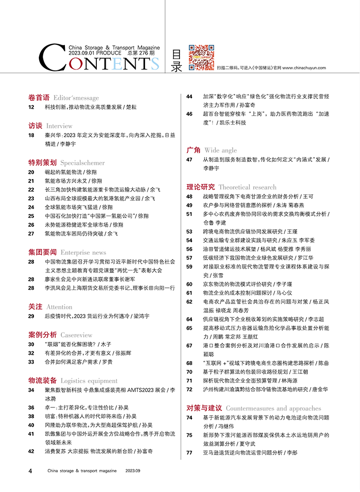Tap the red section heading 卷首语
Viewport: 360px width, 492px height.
39,97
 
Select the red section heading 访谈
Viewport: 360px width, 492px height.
35,125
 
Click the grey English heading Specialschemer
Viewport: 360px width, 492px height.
83,162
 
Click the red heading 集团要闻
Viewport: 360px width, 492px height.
42,252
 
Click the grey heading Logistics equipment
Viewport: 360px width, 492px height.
89,380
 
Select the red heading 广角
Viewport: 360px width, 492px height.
193,150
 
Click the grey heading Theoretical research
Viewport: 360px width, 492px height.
247,187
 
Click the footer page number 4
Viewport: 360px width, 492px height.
30,471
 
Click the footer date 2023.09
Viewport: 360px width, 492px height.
133,471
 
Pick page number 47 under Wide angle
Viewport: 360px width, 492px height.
189,160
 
